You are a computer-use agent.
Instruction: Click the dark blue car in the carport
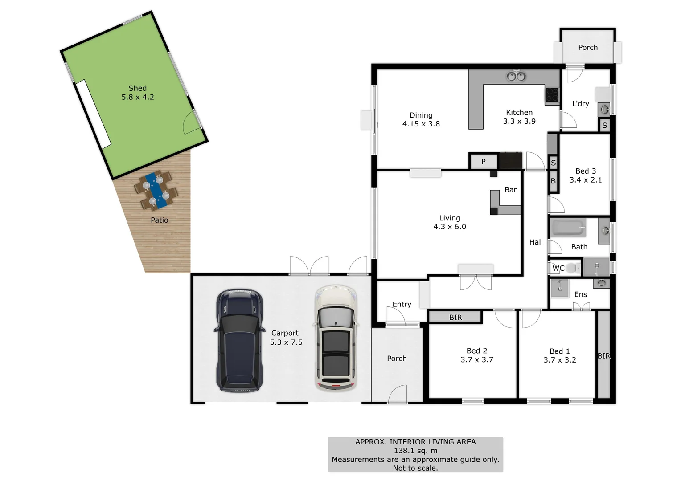tap(239, 341)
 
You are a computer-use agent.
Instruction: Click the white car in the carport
tap(336, 338)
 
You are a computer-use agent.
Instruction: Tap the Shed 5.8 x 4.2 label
tap(138, 93)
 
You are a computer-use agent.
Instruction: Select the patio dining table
tap(156, 190)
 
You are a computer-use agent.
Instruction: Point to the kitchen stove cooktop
tap(552, 94)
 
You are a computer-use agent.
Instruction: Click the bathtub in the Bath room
tap(568, 228)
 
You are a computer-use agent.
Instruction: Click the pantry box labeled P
tap(484, 162)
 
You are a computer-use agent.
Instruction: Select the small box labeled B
tap(553, 181)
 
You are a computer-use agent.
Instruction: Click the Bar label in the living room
tap(510, 190)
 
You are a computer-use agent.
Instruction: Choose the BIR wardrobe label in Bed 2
tap(455, 318)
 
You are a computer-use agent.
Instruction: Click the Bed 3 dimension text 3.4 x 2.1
tap(586, 180)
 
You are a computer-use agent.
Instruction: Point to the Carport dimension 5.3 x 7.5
tap(286, 342)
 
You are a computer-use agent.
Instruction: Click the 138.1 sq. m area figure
tap(415, 451)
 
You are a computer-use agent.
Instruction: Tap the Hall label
tap(536, 242)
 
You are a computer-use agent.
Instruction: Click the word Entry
tap(402, 304)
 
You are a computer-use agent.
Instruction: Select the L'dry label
tap(581, 104)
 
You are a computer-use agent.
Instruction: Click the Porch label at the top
tap(588, 47)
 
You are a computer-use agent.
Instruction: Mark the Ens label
tap(581, 294)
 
